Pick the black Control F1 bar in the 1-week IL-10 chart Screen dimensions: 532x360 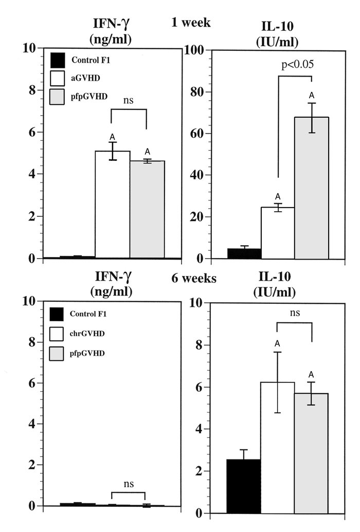(244, 253)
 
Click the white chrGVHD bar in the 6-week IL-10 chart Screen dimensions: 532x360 (278, 448)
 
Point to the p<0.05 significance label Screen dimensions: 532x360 (297, 65)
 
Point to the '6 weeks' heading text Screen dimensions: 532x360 (194, 279)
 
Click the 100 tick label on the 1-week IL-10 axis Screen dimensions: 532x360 (196, 50)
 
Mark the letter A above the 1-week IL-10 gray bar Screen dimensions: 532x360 (311, 96)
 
